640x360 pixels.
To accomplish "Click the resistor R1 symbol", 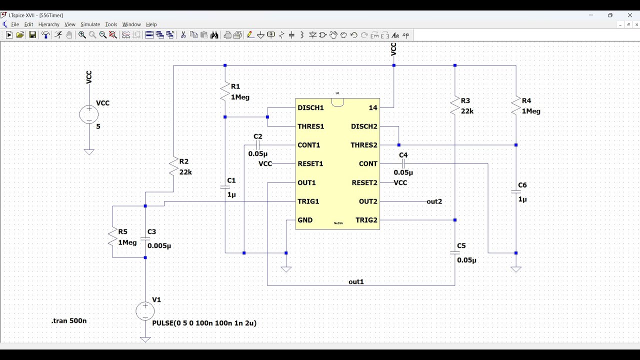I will [x=225, y=91].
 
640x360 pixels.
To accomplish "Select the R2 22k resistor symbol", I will [x=173, y=166].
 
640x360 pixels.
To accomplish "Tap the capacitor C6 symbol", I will [x=516, y=191].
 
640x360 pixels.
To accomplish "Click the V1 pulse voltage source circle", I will [x=145, y=311].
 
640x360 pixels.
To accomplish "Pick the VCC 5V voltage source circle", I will [x=89, y=114].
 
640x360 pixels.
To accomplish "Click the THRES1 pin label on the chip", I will [x=310, y=126].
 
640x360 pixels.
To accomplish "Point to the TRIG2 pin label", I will [x=366, y=220].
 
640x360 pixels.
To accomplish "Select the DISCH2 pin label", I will [x=364, y=126].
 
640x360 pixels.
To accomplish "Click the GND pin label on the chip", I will [x=305, y=220].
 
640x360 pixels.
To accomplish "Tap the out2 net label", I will [x=434, y=201].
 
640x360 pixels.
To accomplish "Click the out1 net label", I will [x=356, y=282].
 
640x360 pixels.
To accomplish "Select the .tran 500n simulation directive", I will [x=69, y=321].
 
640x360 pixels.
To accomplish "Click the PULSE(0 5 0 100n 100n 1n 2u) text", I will [x=204, y=323].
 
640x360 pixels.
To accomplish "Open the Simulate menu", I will [x=90, y=24].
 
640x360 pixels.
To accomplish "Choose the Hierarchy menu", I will [x=48, y=24].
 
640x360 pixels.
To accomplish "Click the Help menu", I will [x=151, y=24].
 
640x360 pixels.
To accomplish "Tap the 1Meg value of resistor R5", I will [x=127, y=242].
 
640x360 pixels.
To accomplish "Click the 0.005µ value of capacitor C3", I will [x=159, y=246].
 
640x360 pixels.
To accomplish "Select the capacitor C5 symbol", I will [x=455, y=253].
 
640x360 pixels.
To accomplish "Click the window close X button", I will [x=630, y=15].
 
